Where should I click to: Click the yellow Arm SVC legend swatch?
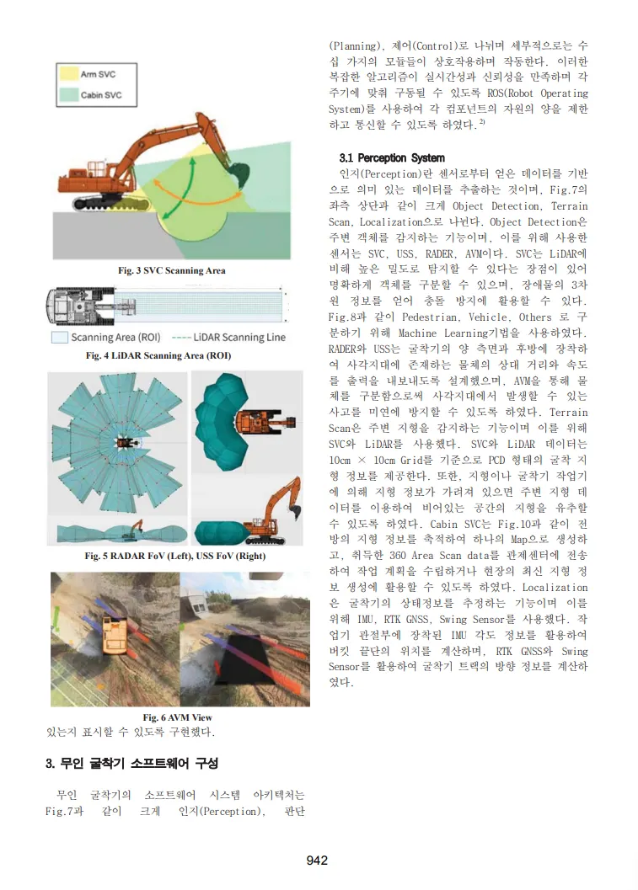point(68,75)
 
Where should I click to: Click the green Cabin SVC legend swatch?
point(68,95)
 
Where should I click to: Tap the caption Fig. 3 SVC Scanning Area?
point(171,270)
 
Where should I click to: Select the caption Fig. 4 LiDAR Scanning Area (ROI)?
point(158,356)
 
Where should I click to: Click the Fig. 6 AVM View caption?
point(177,717)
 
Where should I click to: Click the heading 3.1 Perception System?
point(391,157)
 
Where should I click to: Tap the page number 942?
point(317,860)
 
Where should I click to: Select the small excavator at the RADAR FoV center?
point(124,440)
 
